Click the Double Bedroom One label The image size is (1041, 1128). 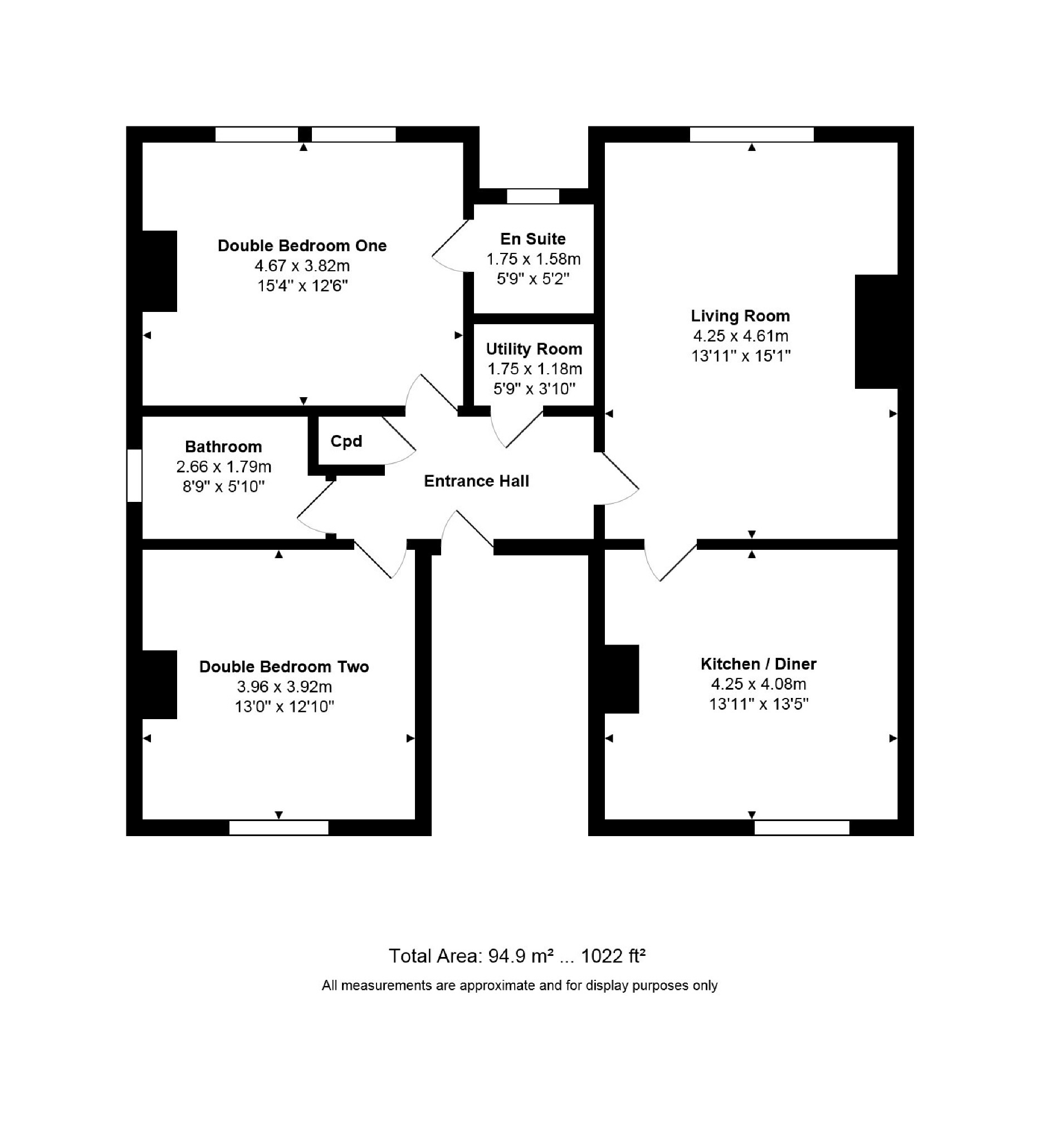click(x=302, y=246)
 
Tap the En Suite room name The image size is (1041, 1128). click(x=533, y=239)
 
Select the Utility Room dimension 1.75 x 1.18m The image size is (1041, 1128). click(x=535, y=369)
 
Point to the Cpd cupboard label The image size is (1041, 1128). click(x=346, y=441)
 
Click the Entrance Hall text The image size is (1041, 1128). click(x=477, y=481)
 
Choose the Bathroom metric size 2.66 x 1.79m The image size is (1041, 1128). click(x=224, y=467)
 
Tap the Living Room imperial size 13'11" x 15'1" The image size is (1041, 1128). click(x=741, y=356)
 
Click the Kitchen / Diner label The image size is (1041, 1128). click(x=758, y=664)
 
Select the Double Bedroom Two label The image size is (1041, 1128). click(x=284, y=667)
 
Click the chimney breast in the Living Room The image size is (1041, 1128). click(x=876, y=331)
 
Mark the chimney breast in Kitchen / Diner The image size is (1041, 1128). click(x=622, y=679)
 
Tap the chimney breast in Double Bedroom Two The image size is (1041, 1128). click(x=159, y=685)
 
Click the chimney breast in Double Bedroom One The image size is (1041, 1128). click(x=159, y=271)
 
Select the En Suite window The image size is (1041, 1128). click(x=533, y=196)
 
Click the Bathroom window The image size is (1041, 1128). click(x=134, y=475)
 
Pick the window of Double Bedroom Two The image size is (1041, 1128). click(x=279, y=827)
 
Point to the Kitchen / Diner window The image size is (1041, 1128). click(x=801, y=827)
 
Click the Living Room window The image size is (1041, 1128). click(x=752, y=134)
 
